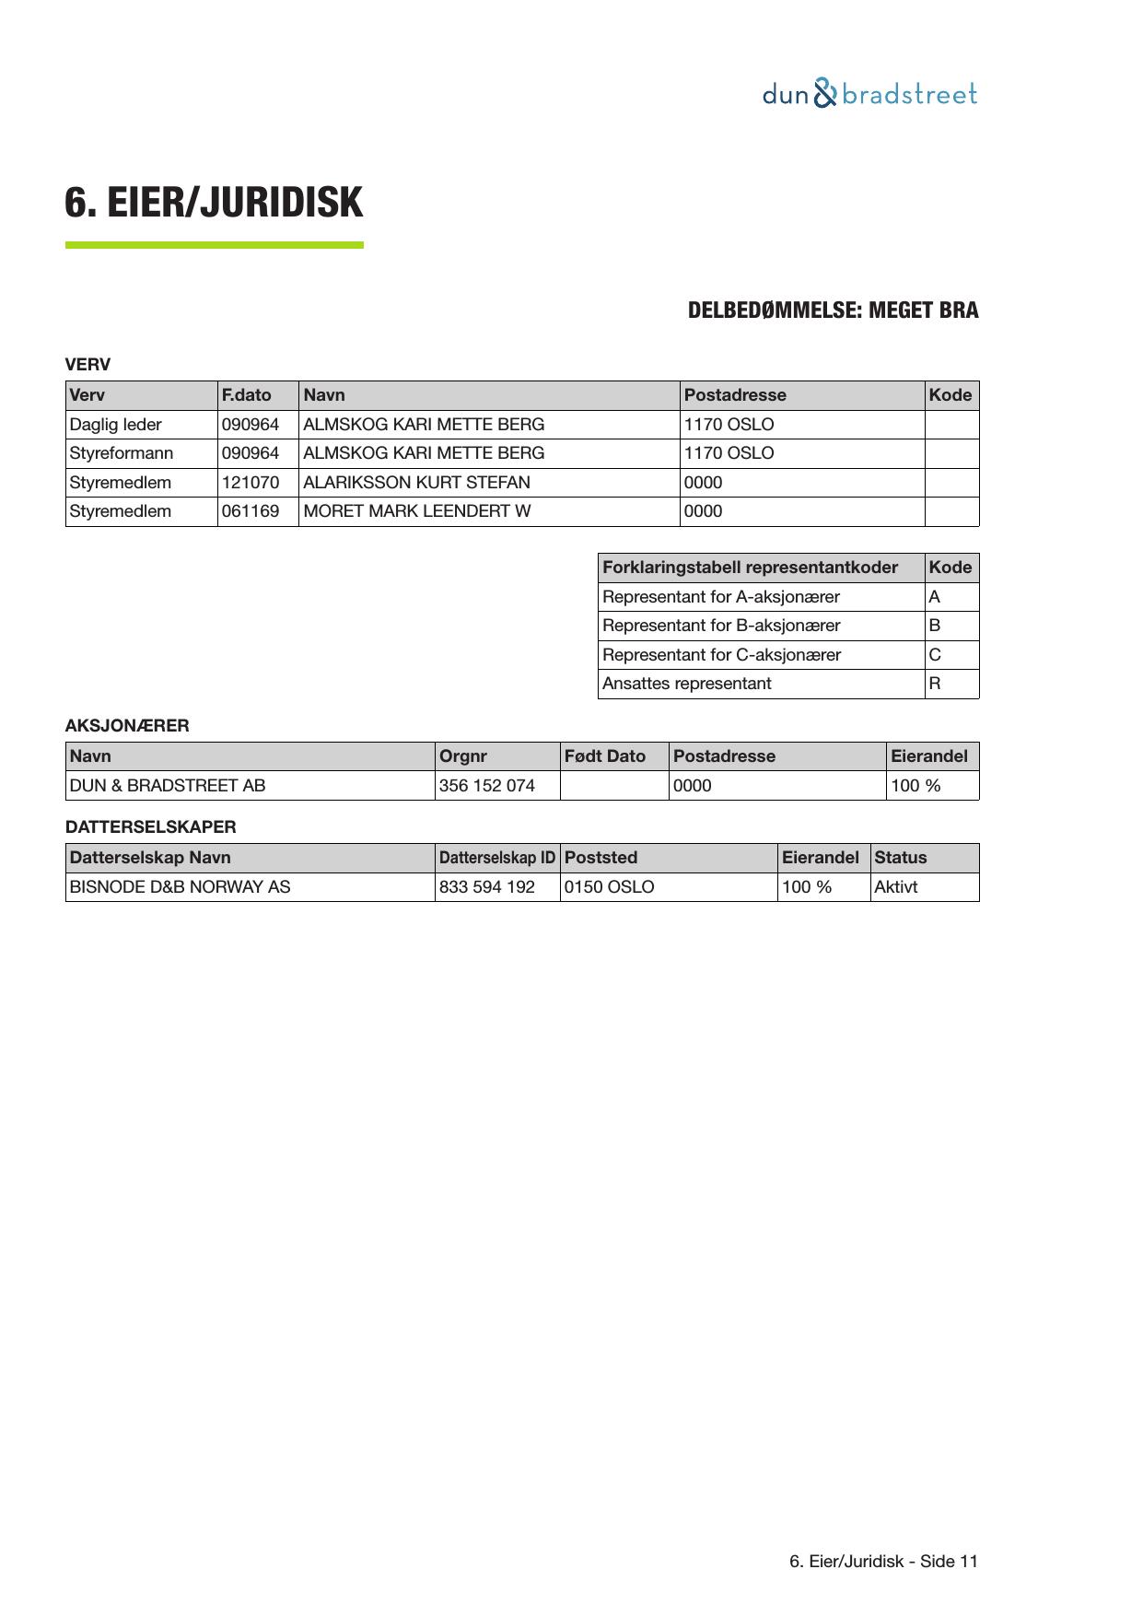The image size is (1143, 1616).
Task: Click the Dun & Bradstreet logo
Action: click(869, 94)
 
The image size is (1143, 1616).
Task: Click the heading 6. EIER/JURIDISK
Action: click(214, 203)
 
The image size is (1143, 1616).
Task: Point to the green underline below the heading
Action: click(214, 245)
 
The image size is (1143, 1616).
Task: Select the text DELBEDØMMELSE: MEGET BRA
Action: click(833, 310)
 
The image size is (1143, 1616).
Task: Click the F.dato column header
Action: click(246, 395)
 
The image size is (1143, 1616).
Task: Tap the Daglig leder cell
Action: click(115, 425)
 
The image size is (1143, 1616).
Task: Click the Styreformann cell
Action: click(121, 453)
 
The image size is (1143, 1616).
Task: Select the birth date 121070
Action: click(250, 483)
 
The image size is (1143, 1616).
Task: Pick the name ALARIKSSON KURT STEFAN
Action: click(416, 483)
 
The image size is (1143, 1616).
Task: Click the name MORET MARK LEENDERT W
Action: click(416, 511)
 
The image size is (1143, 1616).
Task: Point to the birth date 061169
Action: click(250, 511)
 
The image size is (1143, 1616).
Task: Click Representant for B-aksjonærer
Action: click(721, 626)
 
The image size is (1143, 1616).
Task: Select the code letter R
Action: click(934, 684)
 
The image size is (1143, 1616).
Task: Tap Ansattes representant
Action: click(686, 684)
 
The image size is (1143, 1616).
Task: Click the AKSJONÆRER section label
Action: click(127, 726)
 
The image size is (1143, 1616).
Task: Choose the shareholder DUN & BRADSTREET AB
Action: click(168, 786)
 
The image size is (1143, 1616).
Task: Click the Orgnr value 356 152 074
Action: click(486, 786)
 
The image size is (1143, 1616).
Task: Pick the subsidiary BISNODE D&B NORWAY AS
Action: click(180, 887)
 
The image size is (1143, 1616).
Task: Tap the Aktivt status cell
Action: click(895, 887)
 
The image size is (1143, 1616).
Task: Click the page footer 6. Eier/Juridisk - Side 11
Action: click(883, 1562)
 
